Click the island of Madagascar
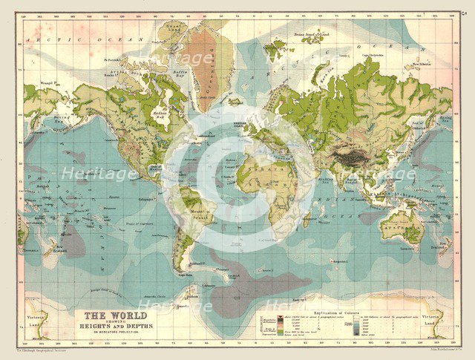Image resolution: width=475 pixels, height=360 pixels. coord(305,218)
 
